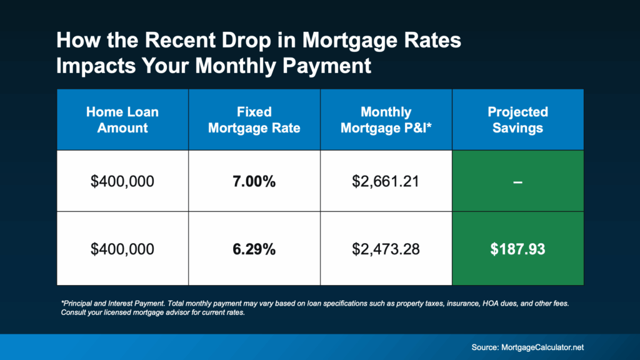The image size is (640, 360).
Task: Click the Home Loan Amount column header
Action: pos(122,120)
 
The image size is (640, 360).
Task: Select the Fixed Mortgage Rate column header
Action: pos(254,120)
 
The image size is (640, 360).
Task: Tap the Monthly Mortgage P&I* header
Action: pos(386,120)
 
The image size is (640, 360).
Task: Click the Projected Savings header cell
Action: pos(517,120)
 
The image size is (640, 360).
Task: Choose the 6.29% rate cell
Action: pos(254,249)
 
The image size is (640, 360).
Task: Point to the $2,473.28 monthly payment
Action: pos(386,249)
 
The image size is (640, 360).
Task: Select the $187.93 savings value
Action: pos(517,249)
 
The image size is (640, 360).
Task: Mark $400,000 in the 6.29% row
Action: pos(122,249)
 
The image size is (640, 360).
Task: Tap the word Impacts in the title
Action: pos(95,66)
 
